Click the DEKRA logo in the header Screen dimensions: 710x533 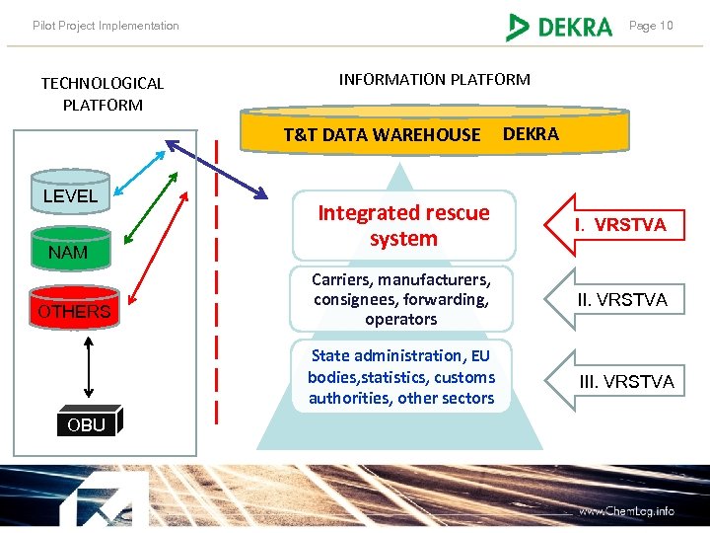point(559,27)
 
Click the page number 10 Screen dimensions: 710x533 point(651,26)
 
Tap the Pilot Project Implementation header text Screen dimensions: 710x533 point(106,26)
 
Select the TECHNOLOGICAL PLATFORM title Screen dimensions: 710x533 point(103,94)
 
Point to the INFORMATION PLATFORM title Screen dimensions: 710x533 point(434,79)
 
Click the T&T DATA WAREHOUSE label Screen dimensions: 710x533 point(382,135)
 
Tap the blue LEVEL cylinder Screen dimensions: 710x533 point(70,195)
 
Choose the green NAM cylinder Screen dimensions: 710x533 point(68,252)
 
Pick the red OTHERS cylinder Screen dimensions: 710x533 point(74,311)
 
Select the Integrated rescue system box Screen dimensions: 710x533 point(403,225)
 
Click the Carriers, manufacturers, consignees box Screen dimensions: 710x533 point(401,299)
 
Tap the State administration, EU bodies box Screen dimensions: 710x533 point(401,376)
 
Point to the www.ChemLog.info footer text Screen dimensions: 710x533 point(626,511)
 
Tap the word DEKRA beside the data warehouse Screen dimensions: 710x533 point(531,134)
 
